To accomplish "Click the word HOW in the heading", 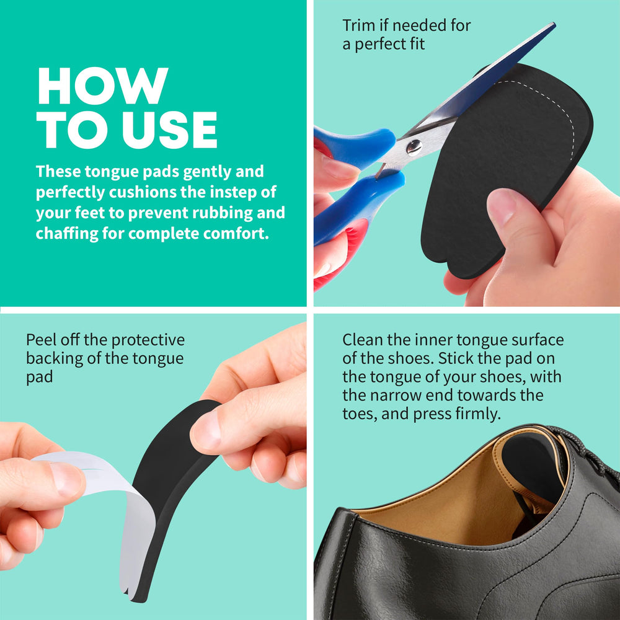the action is pyautogui.click(x=103, y=86).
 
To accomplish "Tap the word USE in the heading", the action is pyautogui.click(x=169, y=130).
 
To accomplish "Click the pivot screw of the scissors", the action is pyautogui.click(x=414, y=146).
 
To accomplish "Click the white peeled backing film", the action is pyautogui.click(x=107, y=514).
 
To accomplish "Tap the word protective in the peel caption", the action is pyautogui.click(x=148, y=340).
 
